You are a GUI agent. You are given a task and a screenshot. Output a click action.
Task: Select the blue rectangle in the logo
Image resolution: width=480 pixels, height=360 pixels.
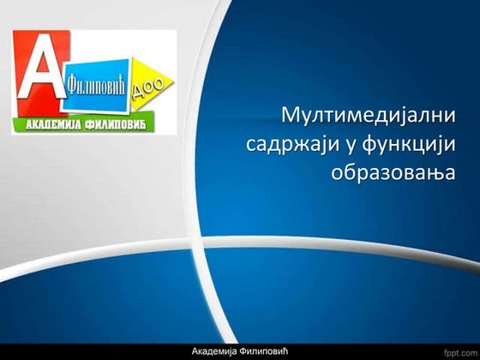(101, 84)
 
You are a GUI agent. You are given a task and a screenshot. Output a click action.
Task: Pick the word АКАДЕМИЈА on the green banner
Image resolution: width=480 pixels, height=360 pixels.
(53, 125)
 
